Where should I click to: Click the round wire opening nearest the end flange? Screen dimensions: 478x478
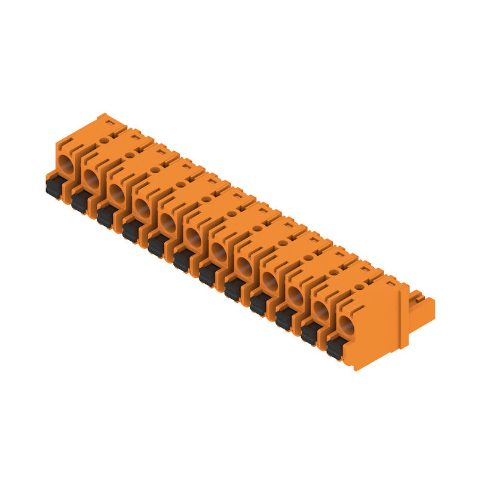tap(346, 325)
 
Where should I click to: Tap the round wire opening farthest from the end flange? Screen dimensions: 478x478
tap(65, 163)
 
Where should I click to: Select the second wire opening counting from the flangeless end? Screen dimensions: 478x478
tap(91, 178)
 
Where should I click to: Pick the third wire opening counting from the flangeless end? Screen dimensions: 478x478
tap(117, 193)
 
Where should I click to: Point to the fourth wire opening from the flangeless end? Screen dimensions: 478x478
tap(142, 207)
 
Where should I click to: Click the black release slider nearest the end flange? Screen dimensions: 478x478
tap(335, 347)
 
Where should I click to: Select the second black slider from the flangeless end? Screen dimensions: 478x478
tap(81, 201)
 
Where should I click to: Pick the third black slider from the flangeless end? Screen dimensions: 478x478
tap(106, 215)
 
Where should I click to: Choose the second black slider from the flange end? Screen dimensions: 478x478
tap(310, 333)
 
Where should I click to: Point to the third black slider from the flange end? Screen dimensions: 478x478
tap(284, 318)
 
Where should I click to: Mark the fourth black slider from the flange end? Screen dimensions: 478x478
tap(259, 303)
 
